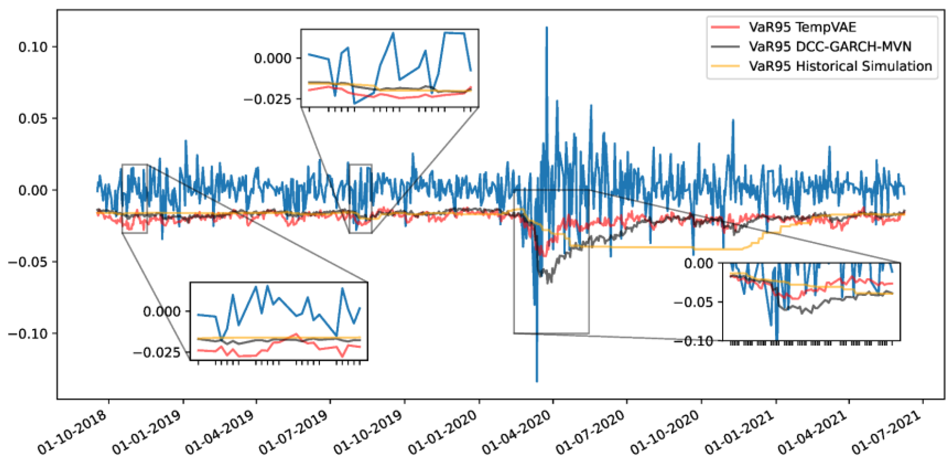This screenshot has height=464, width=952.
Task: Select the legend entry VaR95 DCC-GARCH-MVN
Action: pyautogui.click(x=830, y=46)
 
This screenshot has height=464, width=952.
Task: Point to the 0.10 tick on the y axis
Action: pyautogui.click(x=33, y=47)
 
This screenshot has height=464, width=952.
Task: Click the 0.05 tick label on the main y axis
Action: pyautogui.click(x=33, y=119)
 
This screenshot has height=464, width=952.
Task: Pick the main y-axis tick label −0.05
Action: pyautogui.click(x=28, y=262)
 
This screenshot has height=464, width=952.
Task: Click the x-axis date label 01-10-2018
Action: pyautogui.click(x=72, y=432)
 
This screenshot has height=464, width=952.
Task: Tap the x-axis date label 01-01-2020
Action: pyautogui.click(x=443, y=432)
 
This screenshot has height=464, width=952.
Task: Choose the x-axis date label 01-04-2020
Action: pyautogui.click(x=517, y=432)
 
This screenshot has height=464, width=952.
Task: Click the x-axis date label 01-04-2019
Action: pyautogui.click(x=220, y=432)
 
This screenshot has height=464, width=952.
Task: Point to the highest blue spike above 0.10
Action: pyautogui.click(x=547, y=28)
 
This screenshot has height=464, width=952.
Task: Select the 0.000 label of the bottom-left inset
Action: pyautogui.click(x=162, y=312)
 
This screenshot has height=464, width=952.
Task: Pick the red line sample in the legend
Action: pyautogui.click(x=725, y=27)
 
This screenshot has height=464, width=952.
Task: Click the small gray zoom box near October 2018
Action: pyautogui.click(x=135, y=198)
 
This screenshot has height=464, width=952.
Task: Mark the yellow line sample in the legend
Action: pyautogui.click(x=725, y=66)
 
